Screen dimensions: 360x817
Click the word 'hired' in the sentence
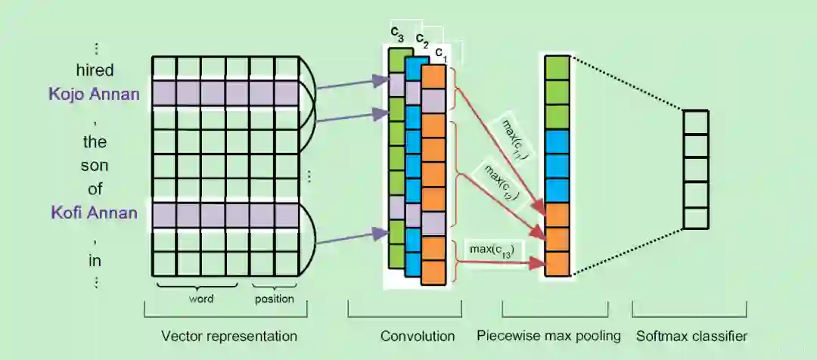click(x=95, y=70)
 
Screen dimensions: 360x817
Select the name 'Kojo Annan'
click(x=94, y=95)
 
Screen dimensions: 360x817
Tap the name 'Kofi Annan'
click(x=94, y=213)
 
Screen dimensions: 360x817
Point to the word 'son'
click(x=95, y=166)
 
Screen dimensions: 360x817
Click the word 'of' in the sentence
click(x=95, y=189)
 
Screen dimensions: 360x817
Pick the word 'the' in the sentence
click(x=95, y=142)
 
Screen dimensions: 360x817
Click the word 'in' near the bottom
click(x=95, y=261)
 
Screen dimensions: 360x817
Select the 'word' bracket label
click(x=200, y=299)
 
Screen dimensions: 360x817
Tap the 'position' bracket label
click(x=274, y=299)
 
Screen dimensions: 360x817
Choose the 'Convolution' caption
click(x=418, y=335)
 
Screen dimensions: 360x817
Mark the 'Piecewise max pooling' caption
click(x=548, y=335)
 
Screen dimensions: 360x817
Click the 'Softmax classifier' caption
click(x=691, y=335)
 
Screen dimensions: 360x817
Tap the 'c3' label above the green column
click(x=397, y=33)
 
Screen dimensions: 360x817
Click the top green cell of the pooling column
click(x=557, y=67)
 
